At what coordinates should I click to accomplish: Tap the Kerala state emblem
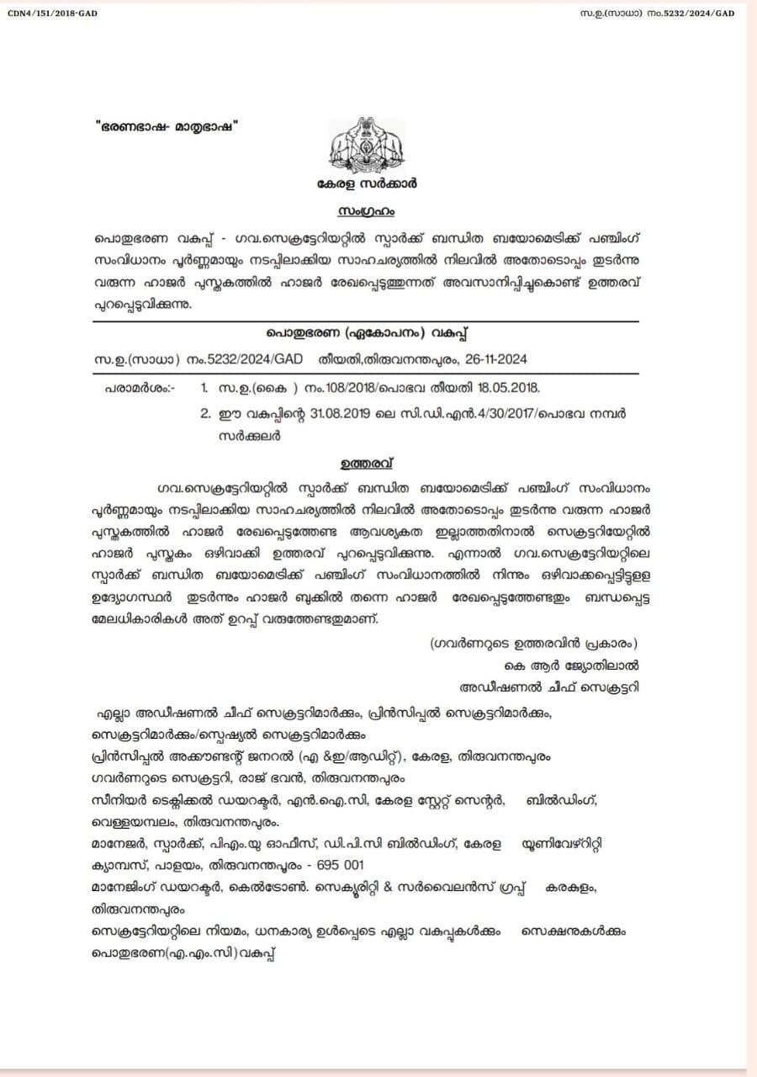pos(366,144)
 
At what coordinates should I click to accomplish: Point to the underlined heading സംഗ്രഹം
pos(368,209)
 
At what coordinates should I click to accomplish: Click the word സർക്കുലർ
pos(249,436)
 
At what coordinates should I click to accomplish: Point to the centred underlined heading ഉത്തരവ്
pos(366,463)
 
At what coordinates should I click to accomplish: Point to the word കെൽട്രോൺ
pos(284,888)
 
